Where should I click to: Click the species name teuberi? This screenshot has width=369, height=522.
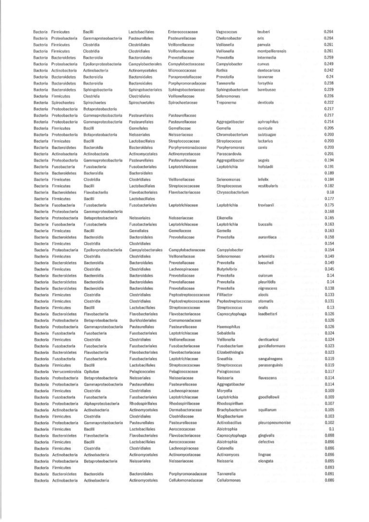264,32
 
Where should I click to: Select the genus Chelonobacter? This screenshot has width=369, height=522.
229,38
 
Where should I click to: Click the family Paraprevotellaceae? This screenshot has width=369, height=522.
186,76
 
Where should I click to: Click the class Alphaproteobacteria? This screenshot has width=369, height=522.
101,404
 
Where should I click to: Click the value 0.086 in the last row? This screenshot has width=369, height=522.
329,481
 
